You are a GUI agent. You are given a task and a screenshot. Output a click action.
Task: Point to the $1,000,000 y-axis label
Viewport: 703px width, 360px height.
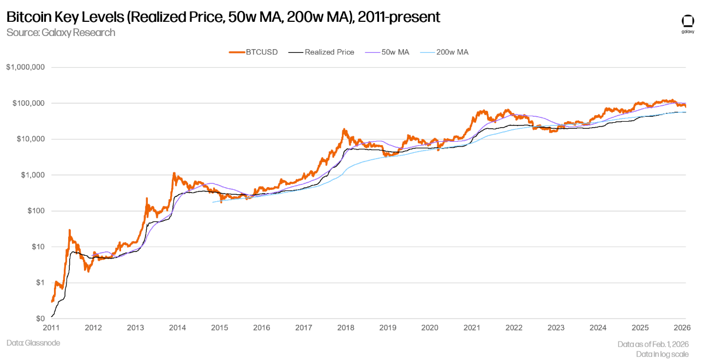25,68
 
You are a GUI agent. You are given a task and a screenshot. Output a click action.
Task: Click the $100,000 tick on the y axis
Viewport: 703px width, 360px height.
27,104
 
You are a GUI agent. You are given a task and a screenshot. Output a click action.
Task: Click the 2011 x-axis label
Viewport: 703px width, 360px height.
51,328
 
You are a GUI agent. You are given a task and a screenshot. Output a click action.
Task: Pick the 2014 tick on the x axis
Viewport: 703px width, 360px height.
177,328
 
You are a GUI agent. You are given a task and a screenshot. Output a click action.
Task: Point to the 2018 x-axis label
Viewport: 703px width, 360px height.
346,328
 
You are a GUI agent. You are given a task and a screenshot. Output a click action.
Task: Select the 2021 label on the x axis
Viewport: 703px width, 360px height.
472,328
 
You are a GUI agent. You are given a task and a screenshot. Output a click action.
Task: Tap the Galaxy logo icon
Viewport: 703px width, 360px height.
688,21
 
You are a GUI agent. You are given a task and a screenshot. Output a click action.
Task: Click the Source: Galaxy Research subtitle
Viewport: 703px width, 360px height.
61,33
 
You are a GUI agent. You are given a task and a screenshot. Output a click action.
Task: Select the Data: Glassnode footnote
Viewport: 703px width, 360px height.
33,343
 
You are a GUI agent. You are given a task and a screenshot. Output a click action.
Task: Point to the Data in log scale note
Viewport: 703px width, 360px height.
663,354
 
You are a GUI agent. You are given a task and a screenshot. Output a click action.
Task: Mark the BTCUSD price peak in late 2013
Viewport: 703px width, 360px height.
173,173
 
